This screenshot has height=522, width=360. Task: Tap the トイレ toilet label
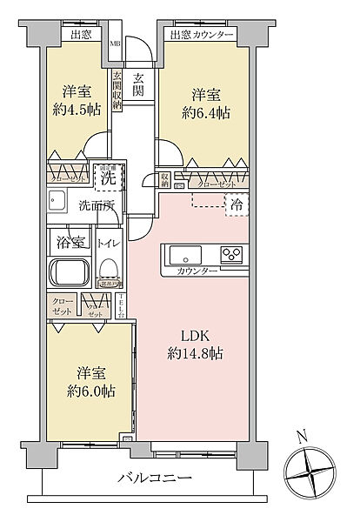[109, 244]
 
